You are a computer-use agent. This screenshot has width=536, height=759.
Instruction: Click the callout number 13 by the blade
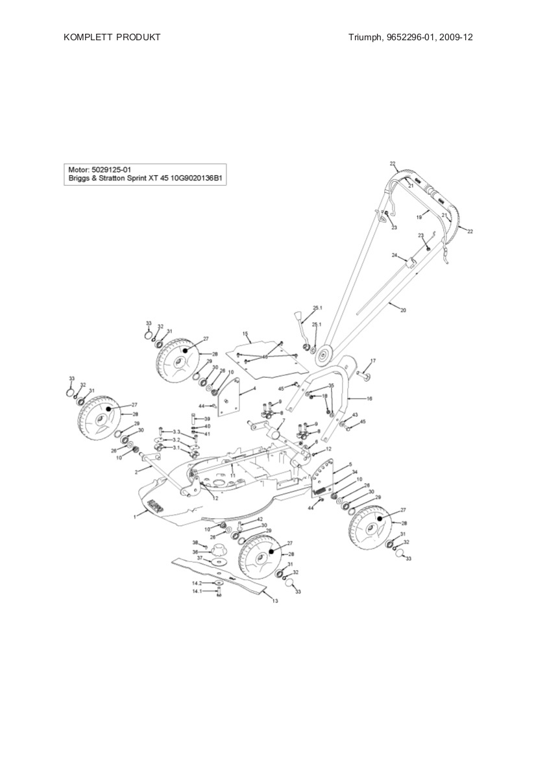pyautogui.click(x=274, y=601)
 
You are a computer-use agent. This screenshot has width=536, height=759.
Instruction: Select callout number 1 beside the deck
pyautogui.click(x=135, y=516)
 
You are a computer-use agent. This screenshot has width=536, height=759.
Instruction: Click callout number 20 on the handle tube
pyautogui.click(x=402, y=310)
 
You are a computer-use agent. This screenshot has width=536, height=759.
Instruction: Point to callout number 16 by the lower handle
pyautogui.click(x=369, y=399)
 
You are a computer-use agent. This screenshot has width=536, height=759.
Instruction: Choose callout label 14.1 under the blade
pyautogui.click(x=197, y=591)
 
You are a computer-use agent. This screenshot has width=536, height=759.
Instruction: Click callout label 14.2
pyautogui.click(x=197, y=583)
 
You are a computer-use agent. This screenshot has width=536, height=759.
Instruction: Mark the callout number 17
pyautogui.click(x=373, y=360)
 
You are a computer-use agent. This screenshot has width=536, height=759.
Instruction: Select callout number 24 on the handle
pyautogui.click(x=394, y=256)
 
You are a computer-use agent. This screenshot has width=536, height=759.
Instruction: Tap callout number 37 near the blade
pyautogui.click(x=201, y=558)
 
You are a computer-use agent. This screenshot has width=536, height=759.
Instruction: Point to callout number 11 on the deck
pyautogui.click(x=232, y=476)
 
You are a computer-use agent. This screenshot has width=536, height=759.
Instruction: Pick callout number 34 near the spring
pyautogui.click(x=354, y=472)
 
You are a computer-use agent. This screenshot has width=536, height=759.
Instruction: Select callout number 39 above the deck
pyautogui.click(x=207, y=419)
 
